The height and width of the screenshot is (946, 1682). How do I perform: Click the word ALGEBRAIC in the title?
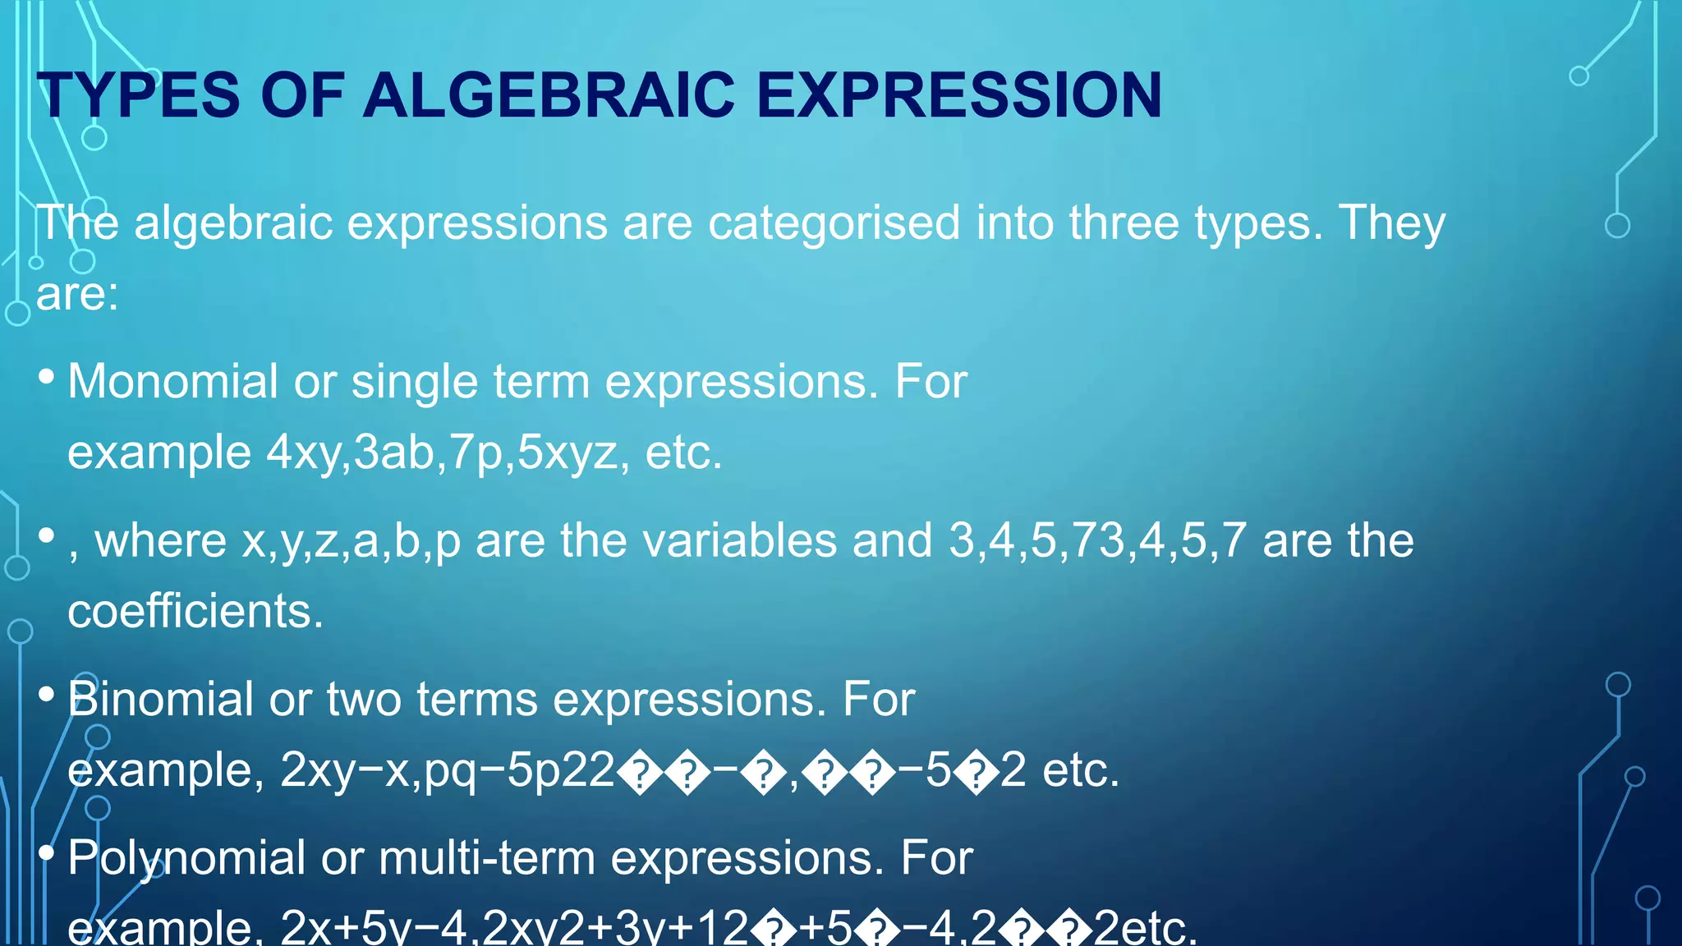[549, 95]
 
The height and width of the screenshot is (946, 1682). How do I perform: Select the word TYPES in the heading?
[139, 95]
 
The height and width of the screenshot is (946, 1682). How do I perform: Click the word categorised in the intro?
[834, 223]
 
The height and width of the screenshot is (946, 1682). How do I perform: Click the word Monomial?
[172, 382]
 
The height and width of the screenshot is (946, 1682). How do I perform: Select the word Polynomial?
[186, 858]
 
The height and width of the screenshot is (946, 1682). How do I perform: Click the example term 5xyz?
[568, 453]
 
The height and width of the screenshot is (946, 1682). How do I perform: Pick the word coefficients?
[195, 612]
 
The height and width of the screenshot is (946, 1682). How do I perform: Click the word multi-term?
[487, 858]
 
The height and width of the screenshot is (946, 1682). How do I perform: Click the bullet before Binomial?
[47, 695]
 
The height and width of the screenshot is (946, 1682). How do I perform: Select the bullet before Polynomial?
[47, 853]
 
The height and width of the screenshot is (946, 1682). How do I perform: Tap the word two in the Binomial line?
[364, 700]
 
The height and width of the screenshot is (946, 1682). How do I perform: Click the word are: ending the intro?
[77, 294]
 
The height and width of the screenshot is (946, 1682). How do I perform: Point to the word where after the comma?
[160, 541]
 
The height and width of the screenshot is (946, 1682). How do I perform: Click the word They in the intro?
[1392, 223]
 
